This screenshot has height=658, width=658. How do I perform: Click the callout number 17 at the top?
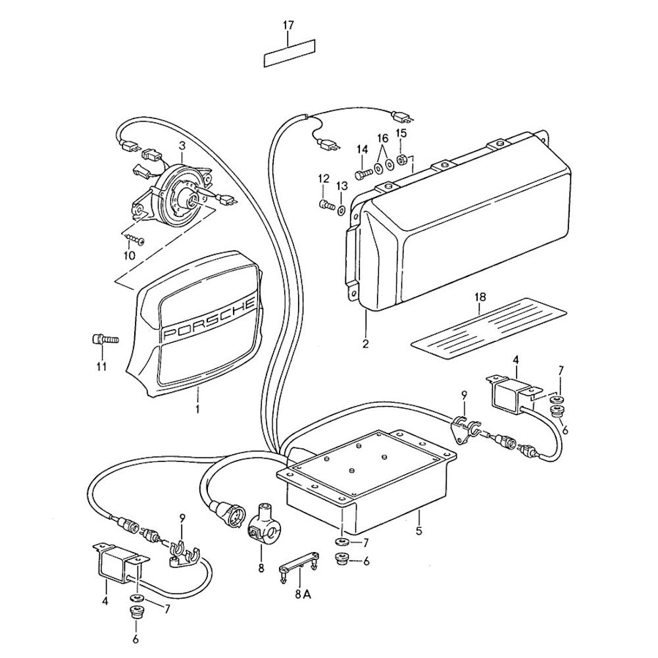pyautogui.click(x=288, y=25)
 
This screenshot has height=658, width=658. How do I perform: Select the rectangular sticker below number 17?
pyautogui.click(x=290, y=53)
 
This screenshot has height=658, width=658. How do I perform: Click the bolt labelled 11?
pyautogui.click(x=103, y=340)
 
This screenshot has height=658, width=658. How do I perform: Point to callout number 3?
pyautogui.click(x=182, y=144)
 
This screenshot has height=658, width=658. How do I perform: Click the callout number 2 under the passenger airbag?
pyautogui.click(x=365, y=343)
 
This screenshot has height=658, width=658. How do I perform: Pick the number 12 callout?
pyautogui.click(x=323, y=178)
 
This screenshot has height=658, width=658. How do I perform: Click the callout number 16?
pyautogui.click(x=382, y=138)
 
